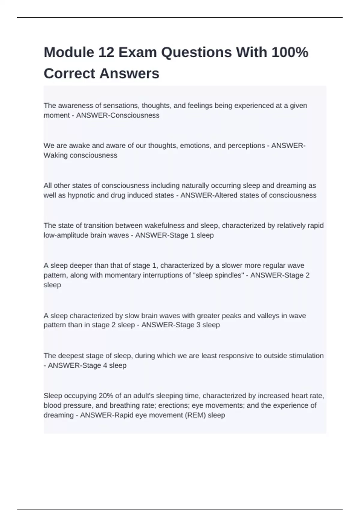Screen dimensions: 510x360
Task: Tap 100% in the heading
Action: point(290,52)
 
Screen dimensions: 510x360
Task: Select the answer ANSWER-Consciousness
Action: point(118,115)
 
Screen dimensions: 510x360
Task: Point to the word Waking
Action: point(55,155)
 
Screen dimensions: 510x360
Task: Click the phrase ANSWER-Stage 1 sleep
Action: point(174,235)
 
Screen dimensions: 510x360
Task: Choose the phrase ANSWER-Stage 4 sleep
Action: point(87,365)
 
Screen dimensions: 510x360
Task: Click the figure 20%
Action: point(105,396)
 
